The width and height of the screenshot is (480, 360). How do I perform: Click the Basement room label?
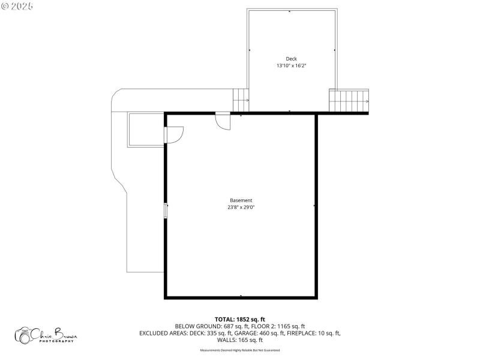[x=241, y=200]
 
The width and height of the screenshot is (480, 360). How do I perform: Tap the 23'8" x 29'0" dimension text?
[x=241, y=208]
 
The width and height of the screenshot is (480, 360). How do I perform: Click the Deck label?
[x=291, y=59]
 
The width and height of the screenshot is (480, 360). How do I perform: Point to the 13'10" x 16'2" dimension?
[x=291, y=65]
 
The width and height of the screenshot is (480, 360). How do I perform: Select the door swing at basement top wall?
[x=223, y=121]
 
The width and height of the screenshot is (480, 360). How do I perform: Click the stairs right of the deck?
[x=349, y=100]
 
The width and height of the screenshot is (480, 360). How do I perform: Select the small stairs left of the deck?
[x=241, y=100]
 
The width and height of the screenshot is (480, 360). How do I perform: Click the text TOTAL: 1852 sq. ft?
[x=240, y=319]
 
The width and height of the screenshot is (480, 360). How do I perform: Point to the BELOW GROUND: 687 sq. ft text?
[x=206, y=326]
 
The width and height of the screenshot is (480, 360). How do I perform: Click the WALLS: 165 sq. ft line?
[x=240, y=340]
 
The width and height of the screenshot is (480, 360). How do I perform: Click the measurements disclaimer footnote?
[x=240, y=350]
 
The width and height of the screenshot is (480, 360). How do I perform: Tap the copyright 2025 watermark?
[x=17, y=5]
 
